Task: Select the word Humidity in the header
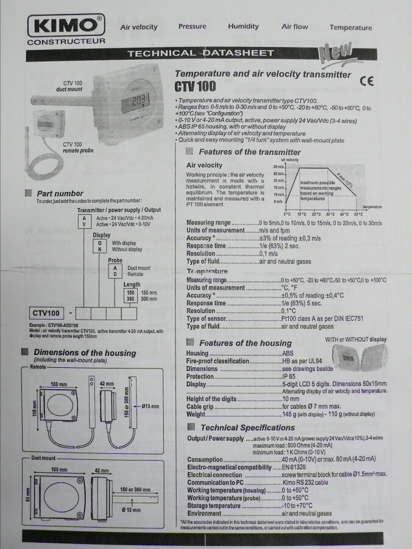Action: coord(244,27)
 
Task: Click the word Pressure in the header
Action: coord(192,27)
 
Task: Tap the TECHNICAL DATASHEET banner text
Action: coord(200,54)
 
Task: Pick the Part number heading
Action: coord(60,193)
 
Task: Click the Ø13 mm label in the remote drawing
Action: coord(150,406)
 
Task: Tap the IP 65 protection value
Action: coord(288,376)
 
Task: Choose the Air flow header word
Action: coord(294,27)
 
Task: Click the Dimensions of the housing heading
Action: coord(85,353)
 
